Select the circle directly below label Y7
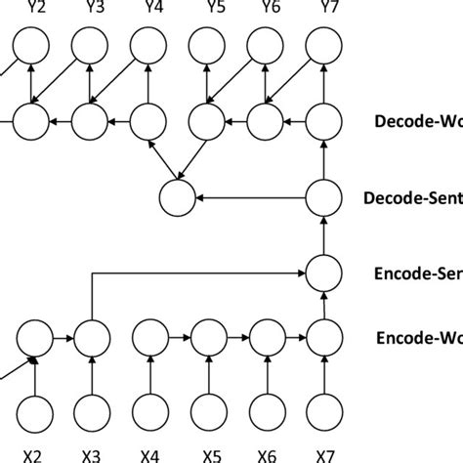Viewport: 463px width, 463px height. [323, 44]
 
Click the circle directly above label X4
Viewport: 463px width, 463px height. [149, 409]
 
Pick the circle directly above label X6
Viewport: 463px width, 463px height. [266, 409]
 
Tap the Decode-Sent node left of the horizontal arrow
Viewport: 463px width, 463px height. [178, 198]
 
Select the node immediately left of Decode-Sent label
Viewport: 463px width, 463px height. [323, 198]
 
